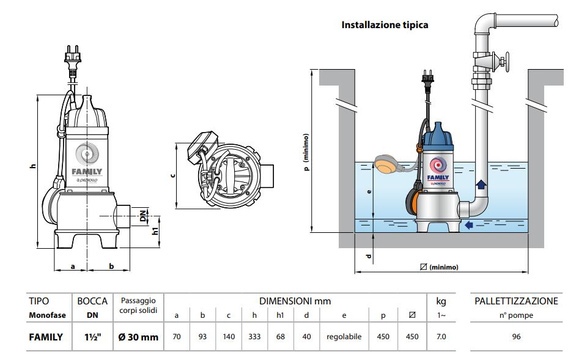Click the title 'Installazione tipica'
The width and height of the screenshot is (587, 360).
(x=385, y=25)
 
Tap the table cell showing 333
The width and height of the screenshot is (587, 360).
(x=254, y=337)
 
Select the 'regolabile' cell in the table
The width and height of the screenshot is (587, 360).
(x=344, y=337)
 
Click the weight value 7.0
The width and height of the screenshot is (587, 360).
(x=441, y=337)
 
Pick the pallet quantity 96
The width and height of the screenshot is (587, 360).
(x=516, y=337)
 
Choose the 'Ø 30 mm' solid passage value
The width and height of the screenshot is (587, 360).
(x=138, y=337)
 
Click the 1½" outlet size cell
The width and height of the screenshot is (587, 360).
(x=92, y=337)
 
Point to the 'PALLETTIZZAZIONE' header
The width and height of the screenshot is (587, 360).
(x=516, y=301)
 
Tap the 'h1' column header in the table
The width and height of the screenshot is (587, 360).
(x=280, y=315)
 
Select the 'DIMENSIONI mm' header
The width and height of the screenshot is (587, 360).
(x=295, y=301)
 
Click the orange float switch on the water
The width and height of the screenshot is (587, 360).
(x=388, y=164)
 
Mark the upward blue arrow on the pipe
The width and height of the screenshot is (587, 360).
(x=481, y=184)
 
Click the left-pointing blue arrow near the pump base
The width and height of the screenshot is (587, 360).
(x=469, y=225)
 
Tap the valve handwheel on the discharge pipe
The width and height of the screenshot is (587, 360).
(x=506, y=62)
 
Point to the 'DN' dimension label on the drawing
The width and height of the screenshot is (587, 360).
(x=143, y=216)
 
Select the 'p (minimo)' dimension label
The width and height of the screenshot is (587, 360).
(x=306, y=152)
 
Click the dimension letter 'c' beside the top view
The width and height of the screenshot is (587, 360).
(x=172, y=175)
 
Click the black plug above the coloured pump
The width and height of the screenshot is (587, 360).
(x=427, y=79)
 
